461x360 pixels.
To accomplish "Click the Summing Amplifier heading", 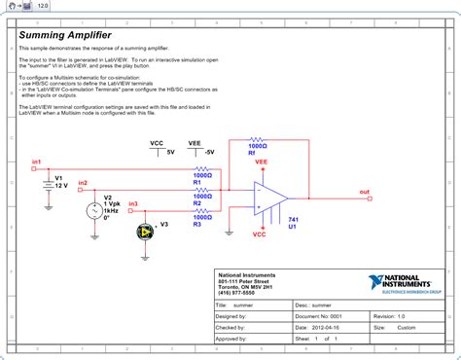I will pos(65,35).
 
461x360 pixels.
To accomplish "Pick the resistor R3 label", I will pos(195,224).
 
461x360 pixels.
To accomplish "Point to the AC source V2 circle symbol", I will pos(94,210).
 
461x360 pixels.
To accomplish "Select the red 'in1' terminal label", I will pos(37,161).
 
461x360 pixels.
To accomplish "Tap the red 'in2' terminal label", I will pos(83,183).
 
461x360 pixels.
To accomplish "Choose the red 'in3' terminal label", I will pos(133,204).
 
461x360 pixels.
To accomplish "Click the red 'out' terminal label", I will pos(365,192).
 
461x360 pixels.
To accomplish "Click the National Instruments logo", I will pos(408,283).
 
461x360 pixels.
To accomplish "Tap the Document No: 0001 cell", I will pos(320,316).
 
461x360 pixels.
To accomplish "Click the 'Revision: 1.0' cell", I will pos(389,316).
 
